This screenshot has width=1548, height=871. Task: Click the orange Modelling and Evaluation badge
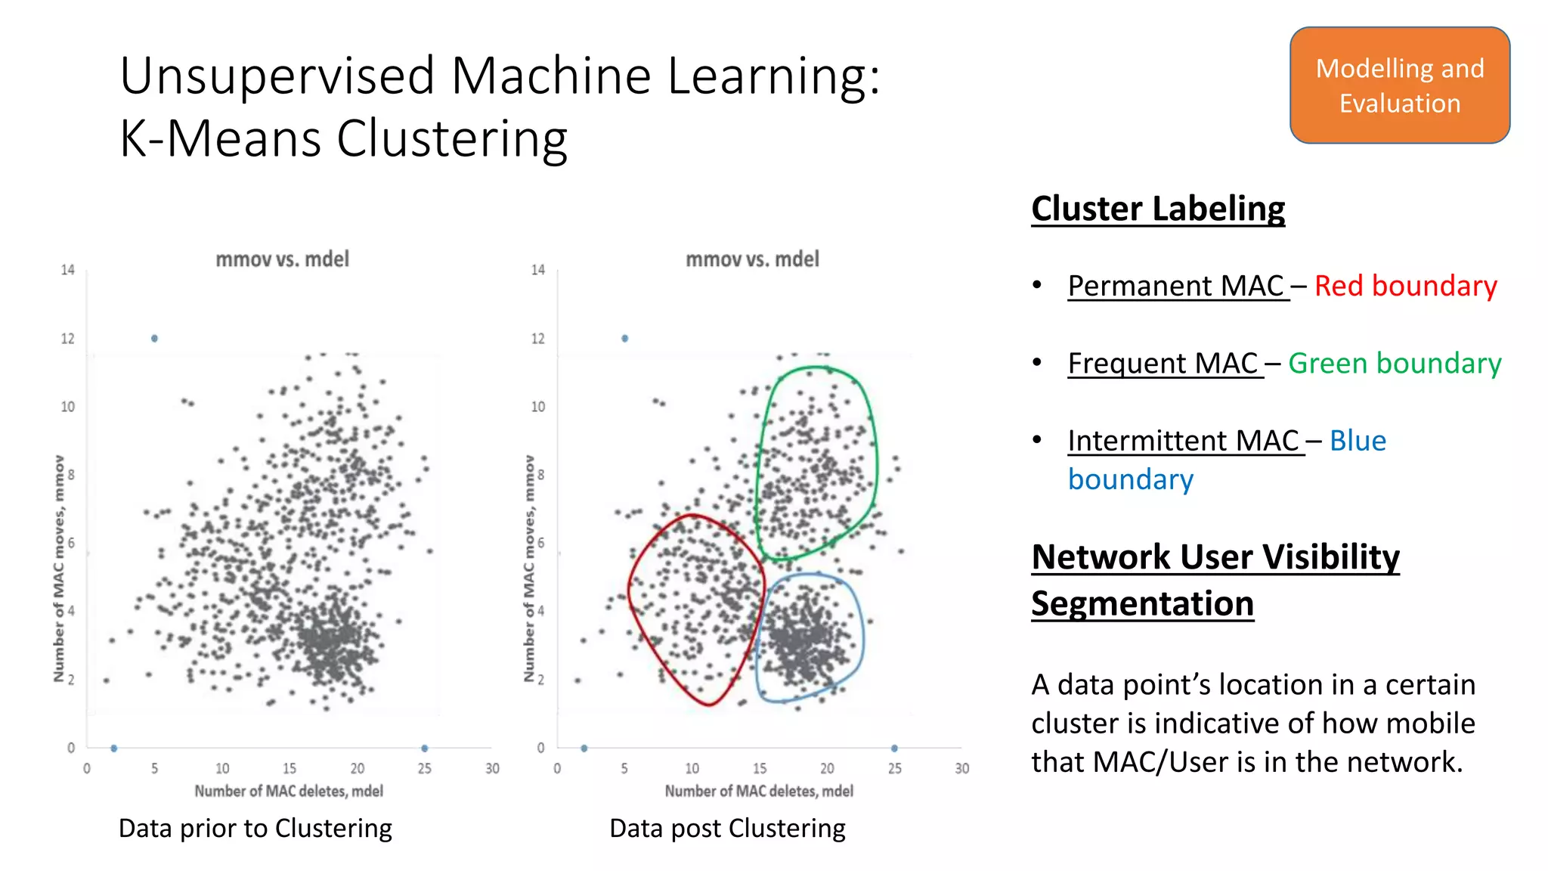click(x=1399, y=85)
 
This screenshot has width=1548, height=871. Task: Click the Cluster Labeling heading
click(x=1157, y=209)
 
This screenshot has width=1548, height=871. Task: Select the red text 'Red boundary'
click(x=1405, y=286)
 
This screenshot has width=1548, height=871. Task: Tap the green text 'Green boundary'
click(x=1394, y=363)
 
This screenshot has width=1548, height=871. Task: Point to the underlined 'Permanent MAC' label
click(x=1176, y=286)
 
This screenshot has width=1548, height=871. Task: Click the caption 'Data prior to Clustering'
click(x=255, y=828)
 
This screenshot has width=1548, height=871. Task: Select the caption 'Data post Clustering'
click(x=727, y=828)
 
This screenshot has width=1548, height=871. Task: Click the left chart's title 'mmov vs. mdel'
click(x=283, y=259)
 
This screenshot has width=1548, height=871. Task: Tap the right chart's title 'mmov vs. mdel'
click(x=752, y=259)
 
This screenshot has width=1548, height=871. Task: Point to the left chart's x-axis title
click(x=289, y=791)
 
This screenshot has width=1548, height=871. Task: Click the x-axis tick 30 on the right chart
click(x=961, y=768)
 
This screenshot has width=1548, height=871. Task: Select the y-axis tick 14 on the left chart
click(x=68, y=270)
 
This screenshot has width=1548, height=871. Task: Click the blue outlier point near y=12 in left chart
click(x=154, y=339)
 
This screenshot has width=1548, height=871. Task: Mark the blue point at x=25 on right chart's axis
click(x=894, y=749)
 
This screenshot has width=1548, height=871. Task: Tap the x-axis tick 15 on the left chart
click(x=289, y=768)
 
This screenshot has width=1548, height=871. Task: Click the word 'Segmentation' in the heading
click(x=1142, y=603)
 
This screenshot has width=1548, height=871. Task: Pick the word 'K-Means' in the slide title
click(x=220, y=139)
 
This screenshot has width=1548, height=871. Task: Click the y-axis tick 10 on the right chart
click(x=537, y=407)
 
